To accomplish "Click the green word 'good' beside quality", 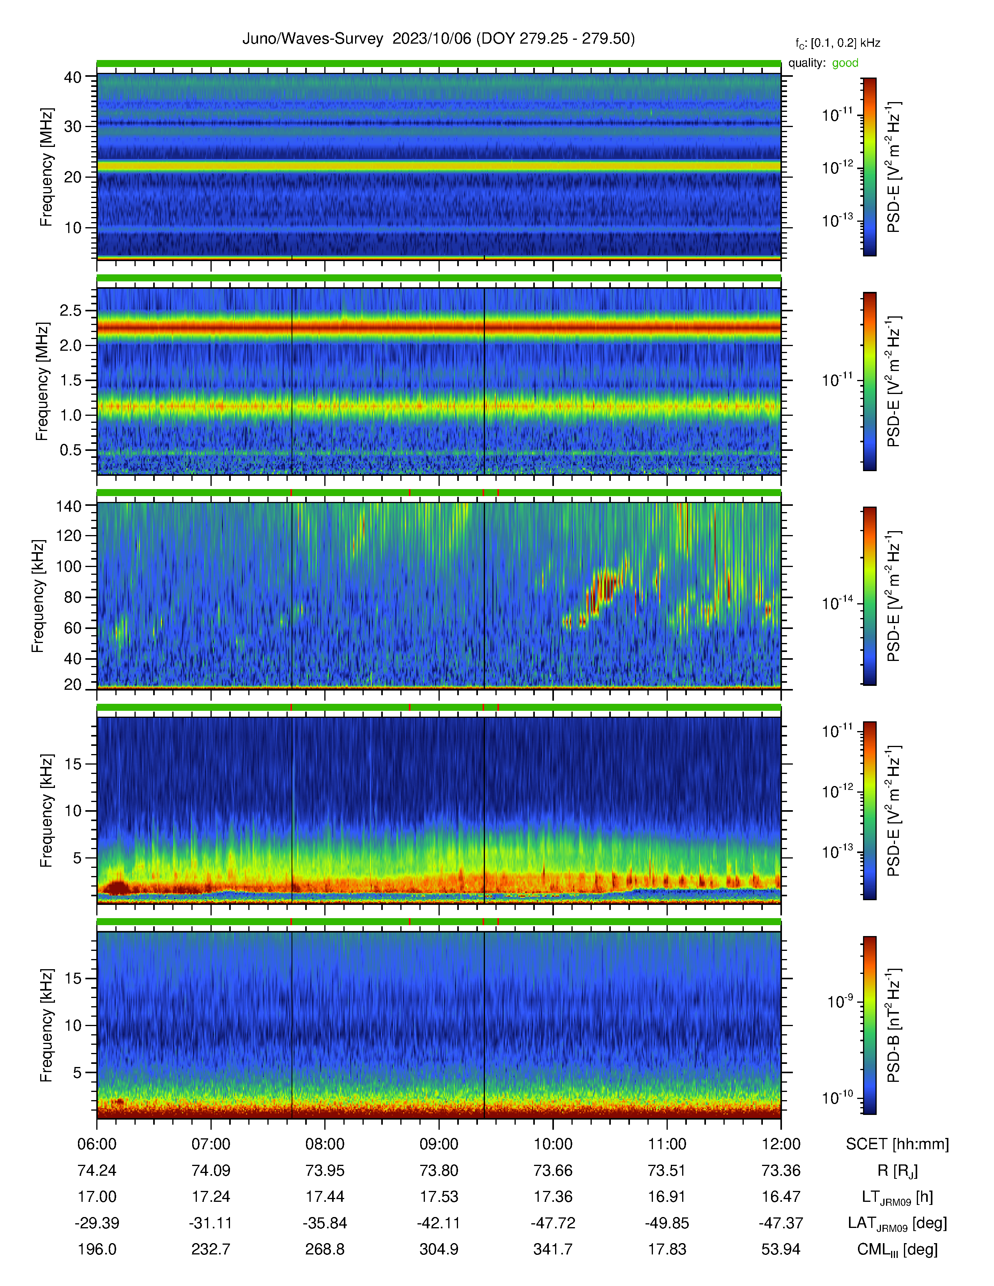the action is (x=845, y=63).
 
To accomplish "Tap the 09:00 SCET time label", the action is (x=439, y=1144).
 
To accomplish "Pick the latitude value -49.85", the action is (x=667, y=1223).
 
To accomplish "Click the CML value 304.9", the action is (x=439, y=1249).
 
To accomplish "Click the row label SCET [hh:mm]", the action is (x=897, y=1144).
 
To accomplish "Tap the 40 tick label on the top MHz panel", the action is (x=73, y=77).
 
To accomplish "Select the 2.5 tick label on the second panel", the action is (x=70, y=310).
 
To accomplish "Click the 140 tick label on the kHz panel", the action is (x=68, y=505).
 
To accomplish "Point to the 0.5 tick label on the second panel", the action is (x=70, y=450).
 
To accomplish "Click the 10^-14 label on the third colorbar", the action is (x=838, y=602).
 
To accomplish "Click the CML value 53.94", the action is (x=781, y=1249).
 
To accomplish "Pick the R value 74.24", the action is (x=97, y=1171).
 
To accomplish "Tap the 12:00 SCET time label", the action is (x=781, y=1144).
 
